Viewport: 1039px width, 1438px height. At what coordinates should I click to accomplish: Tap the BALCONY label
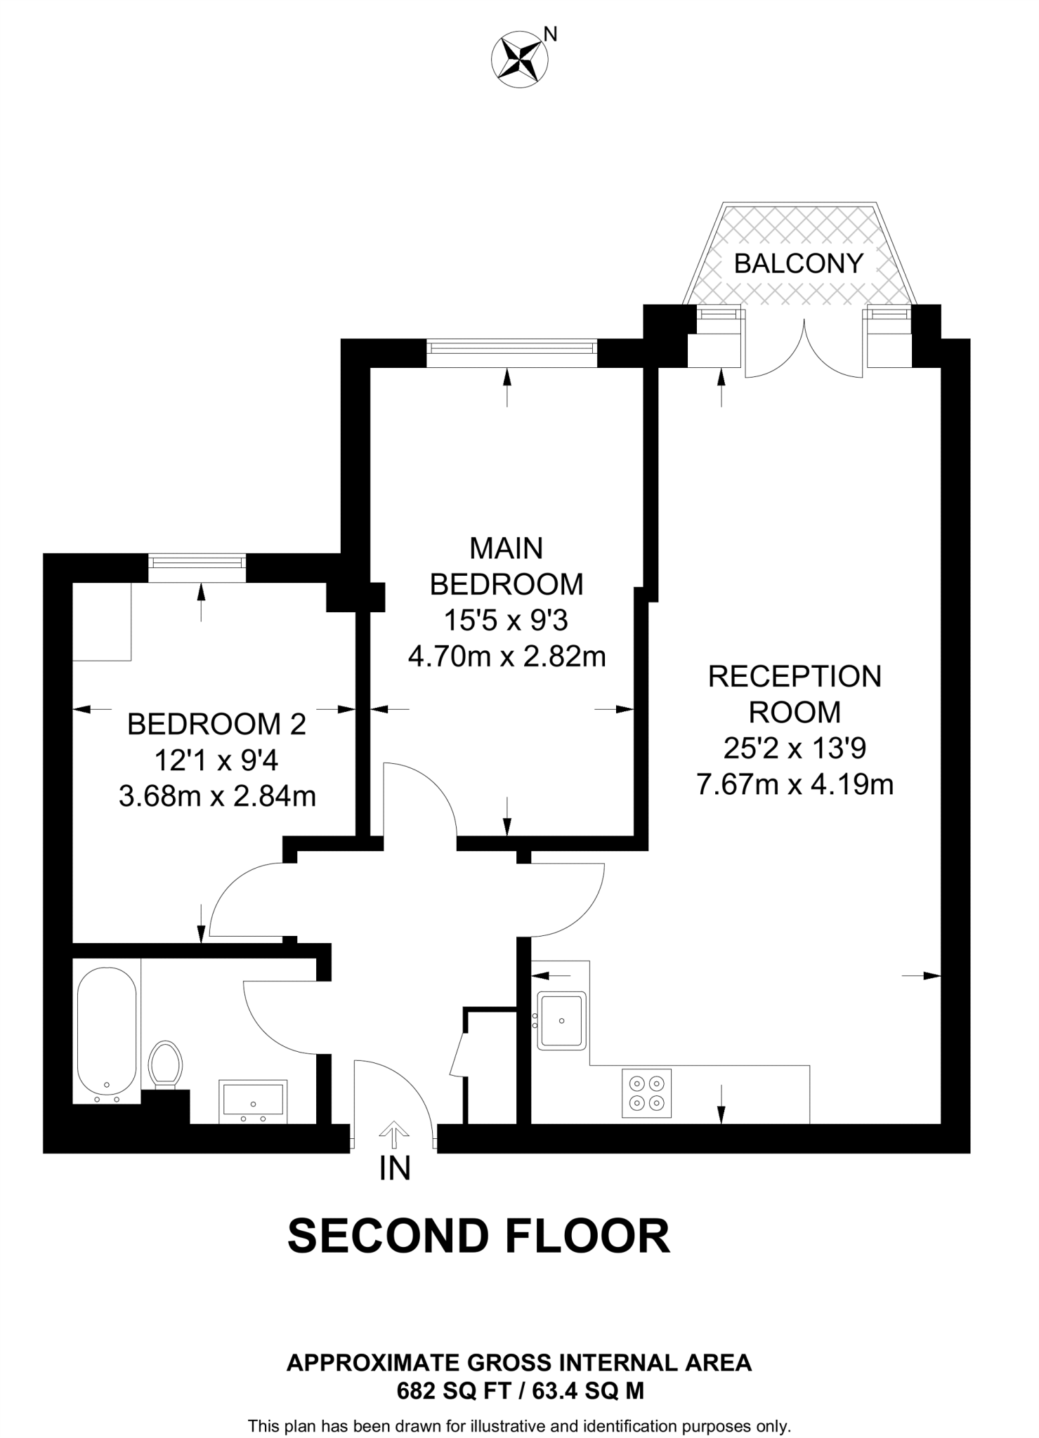[x=798, y=263]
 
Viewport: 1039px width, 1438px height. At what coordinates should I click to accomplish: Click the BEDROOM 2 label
[x=216, y=724]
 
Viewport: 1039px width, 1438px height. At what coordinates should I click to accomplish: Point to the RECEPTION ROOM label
[x=795, y=694]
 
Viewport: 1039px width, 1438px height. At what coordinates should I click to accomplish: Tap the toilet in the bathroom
[x=166, y=1064]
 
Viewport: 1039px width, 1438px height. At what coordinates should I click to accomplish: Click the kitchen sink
[x=561, y=1020]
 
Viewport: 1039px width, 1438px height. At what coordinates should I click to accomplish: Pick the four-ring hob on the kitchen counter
[x=646, y=1093]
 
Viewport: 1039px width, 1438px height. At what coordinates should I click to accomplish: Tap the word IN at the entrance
[x=394, y=1168]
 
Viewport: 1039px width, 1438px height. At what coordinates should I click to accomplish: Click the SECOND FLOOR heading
[x=478, y=1236]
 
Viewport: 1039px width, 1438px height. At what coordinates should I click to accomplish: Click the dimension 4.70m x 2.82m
[x=507, y=657]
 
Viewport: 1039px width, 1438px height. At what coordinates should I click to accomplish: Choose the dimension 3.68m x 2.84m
[x=217, y=796]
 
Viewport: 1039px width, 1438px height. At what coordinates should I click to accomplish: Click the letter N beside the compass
[x=551, y=34]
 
